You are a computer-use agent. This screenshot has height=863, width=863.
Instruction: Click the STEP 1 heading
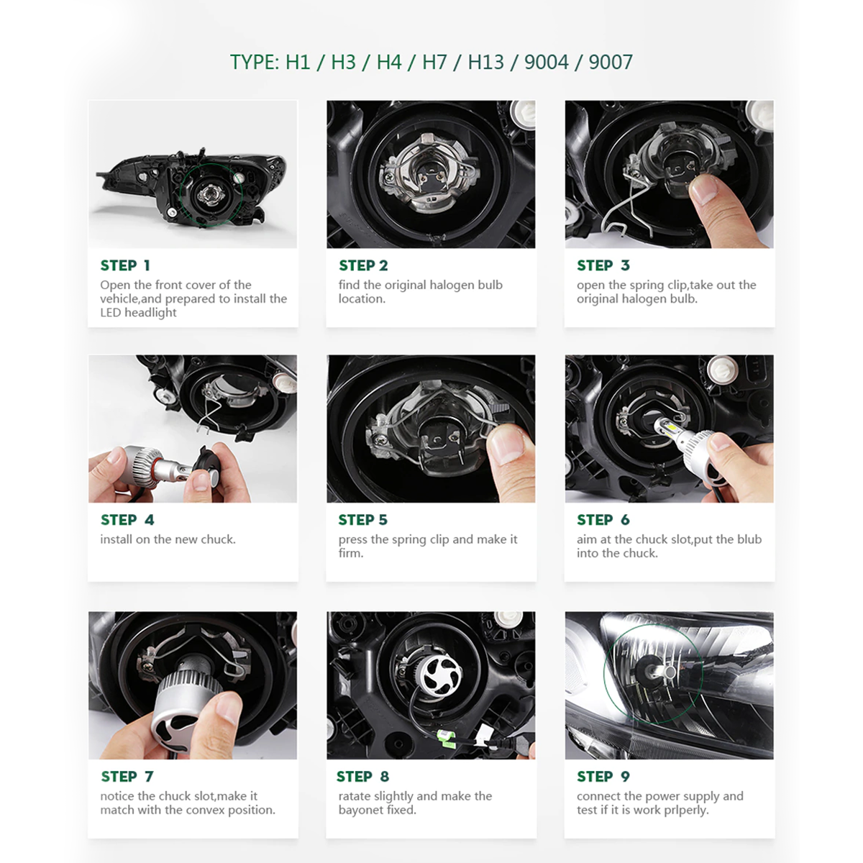click(x=125, y=265)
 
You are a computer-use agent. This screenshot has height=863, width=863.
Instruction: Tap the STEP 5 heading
click(x=362, y=520)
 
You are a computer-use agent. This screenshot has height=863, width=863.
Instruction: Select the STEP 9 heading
click(x=603, y=777)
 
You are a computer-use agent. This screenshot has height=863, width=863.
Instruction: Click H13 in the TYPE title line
click(x=485, y=62)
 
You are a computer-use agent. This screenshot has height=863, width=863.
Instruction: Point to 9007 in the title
click(x=611, y=62)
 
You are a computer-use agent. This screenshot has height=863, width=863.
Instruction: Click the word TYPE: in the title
click(x=255, y=62)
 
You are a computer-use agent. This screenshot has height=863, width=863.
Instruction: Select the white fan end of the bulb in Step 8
click(x=441, y=675)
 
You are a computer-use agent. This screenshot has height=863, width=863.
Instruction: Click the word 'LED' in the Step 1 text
click(x=110, y=313)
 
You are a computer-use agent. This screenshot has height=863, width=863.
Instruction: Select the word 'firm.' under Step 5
click(x=351, y=553)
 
